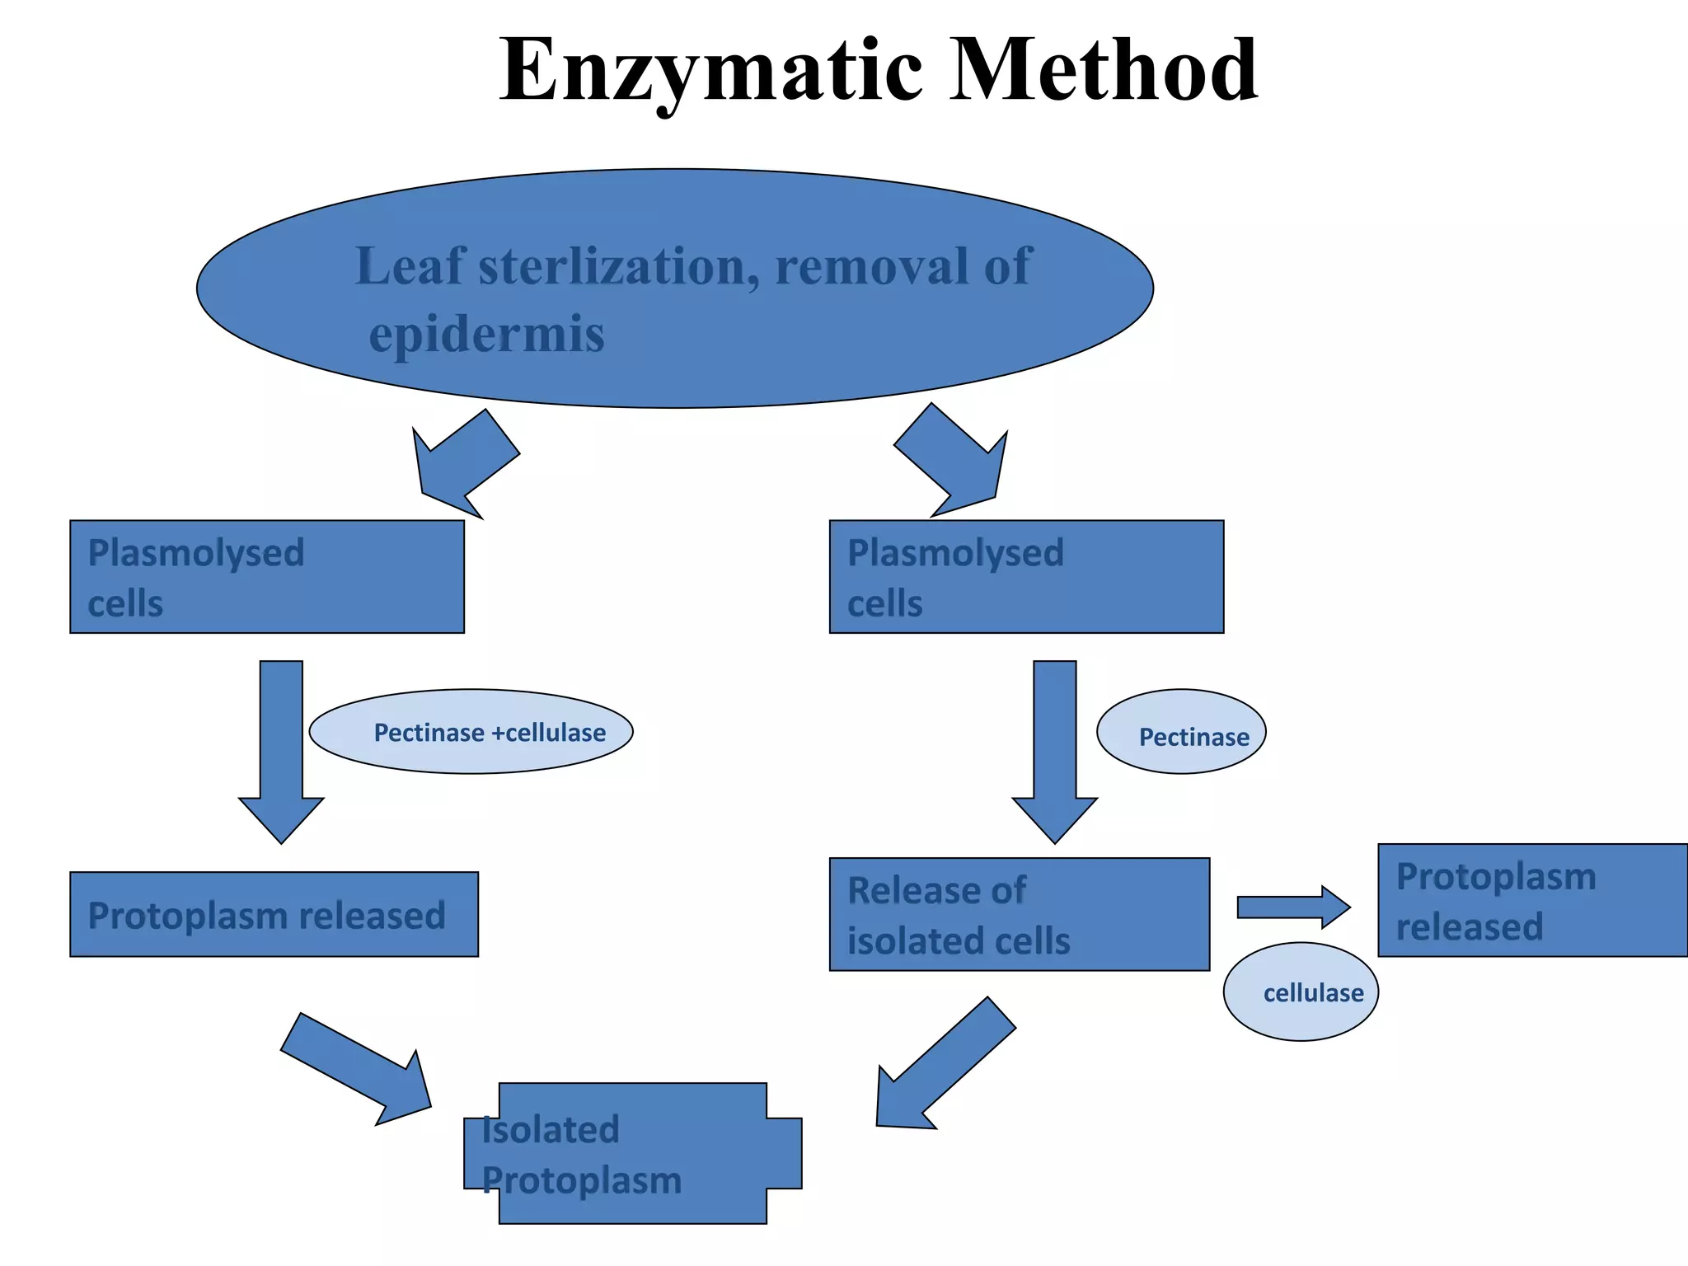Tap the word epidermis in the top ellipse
point(486,334)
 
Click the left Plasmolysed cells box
point(266,577)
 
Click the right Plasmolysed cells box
point(1026,577)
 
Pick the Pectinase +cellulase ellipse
point(471,732)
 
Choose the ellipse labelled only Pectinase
point(1180,732)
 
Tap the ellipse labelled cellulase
point(1300,992)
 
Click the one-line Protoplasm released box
point(274,914)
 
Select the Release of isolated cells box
point(1019,914)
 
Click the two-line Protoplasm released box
point(1531,900)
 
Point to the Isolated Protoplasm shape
point(632,1153)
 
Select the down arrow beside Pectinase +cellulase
point(281,750)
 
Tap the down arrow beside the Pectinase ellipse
point(1054,750)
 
